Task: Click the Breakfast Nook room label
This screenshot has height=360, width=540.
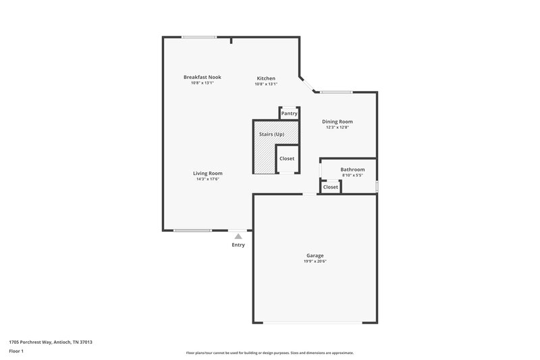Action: click(202, 77)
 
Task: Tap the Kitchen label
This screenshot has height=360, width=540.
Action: click(265, 78)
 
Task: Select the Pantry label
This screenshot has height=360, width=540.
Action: click(289, 113)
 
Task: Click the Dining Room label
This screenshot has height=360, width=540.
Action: click(337, 122)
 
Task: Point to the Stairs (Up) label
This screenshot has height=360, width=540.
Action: click(271, 134)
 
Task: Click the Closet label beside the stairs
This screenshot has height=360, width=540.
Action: click(287, 159)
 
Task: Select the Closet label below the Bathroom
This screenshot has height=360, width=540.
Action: click(330, 186)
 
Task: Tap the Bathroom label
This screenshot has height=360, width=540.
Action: click(352, 170)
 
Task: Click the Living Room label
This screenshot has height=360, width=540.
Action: click(208, 173)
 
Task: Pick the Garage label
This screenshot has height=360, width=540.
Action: click(315, 255)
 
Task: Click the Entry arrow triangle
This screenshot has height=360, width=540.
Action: click(238, 236)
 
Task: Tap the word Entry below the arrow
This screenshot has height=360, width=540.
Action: click(238, 245)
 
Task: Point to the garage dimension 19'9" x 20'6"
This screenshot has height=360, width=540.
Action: click(315, 261)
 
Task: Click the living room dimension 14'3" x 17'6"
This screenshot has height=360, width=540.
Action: click(208, 179)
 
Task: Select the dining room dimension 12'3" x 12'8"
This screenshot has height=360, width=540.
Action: click(337, 128)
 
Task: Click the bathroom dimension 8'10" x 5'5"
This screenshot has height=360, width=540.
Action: click(352, 176)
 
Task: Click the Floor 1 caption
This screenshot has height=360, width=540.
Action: click(16, 352)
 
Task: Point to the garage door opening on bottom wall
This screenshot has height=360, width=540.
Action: click(315, 322)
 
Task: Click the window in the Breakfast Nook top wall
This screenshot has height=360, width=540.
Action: click(199, 37)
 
